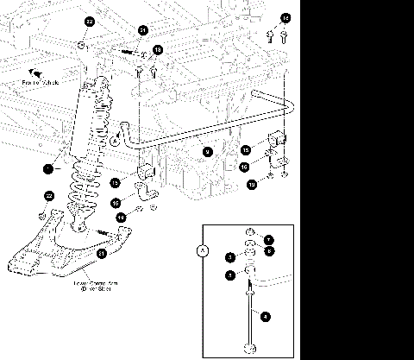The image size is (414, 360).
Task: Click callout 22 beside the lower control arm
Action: (x=49, y=197)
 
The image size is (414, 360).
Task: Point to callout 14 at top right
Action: (x=285, y=17)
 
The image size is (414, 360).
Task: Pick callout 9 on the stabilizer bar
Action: (x=207, y=151)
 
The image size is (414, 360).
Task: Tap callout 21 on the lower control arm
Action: (x=101, y=254)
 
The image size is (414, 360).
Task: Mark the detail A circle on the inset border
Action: (x=204, y=251)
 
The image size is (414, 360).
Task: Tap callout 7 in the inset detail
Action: (x=268, y=239)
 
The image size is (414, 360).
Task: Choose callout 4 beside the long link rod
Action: (x=266, y=318)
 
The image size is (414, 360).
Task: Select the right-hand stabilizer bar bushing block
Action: (x=278, y=139)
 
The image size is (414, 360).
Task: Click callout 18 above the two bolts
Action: (x=158, y=51)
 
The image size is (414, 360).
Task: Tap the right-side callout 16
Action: (x=244, y=167)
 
